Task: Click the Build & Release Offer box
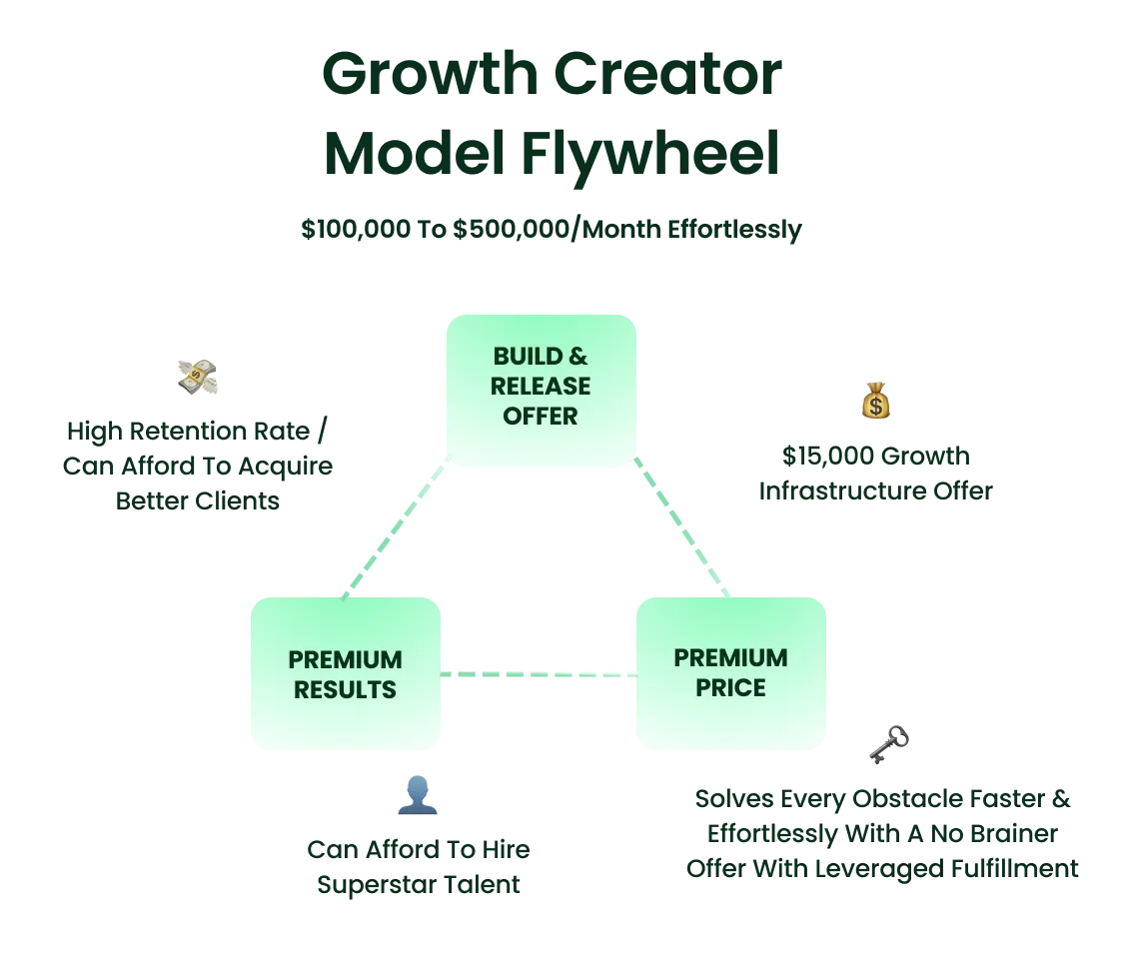tap(542, 391)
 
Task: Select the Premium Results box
tap(346, 673)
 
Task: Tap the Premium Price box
tap(731, 673)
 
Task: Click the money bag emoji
tap(876, 400)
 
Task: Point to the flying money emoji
tap(197, 377)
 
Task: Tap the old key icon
tap(889, 744)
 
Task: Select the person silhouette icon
tap(418, 795)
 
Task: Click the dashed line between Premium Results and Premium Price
tap(539, 674)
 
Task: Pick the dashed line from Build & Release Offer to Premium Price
tap(681, 526)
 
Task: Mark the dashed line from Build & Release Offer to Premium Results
tap(396, 526)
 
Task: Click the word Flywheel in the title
tap(650, 155)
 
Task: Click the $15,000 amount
tap(828, 456)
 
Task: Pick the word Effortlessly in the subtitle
tap(734, 231)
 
